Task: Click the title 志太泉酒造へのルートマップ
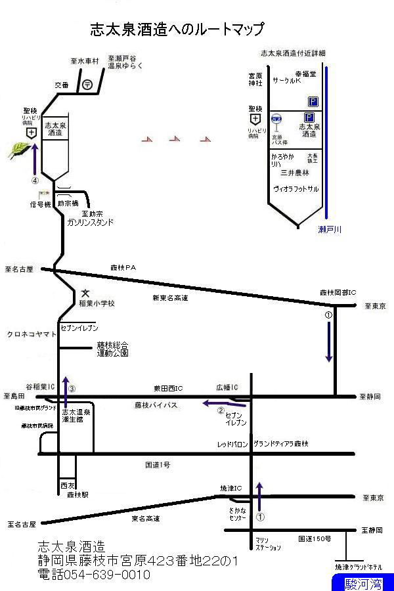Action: (x=177, y=30)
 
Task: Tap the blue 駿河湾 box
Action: (x=361, y=582)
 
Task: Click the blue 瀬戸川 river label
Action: (x=330, y=229)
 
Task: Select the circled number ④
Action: (x=35, y=179)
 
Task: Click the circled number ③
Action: (x=72, y=388)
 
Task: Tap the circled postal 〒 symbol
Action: (x=87, y=84)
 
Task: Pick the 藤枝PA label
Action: (x=122, y=267)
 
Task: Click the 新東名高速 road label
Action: (x=170, y=297)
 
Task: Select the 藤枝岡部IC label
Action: (x=338, y=292)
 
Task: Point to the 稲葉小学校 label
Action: (x=97, y=303)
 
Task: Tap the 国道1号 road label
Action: (x=158, y=465)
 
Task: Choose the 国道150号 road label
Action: (x=315, y=538)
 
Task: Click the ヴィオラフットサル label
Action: (x=295, y=188)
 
